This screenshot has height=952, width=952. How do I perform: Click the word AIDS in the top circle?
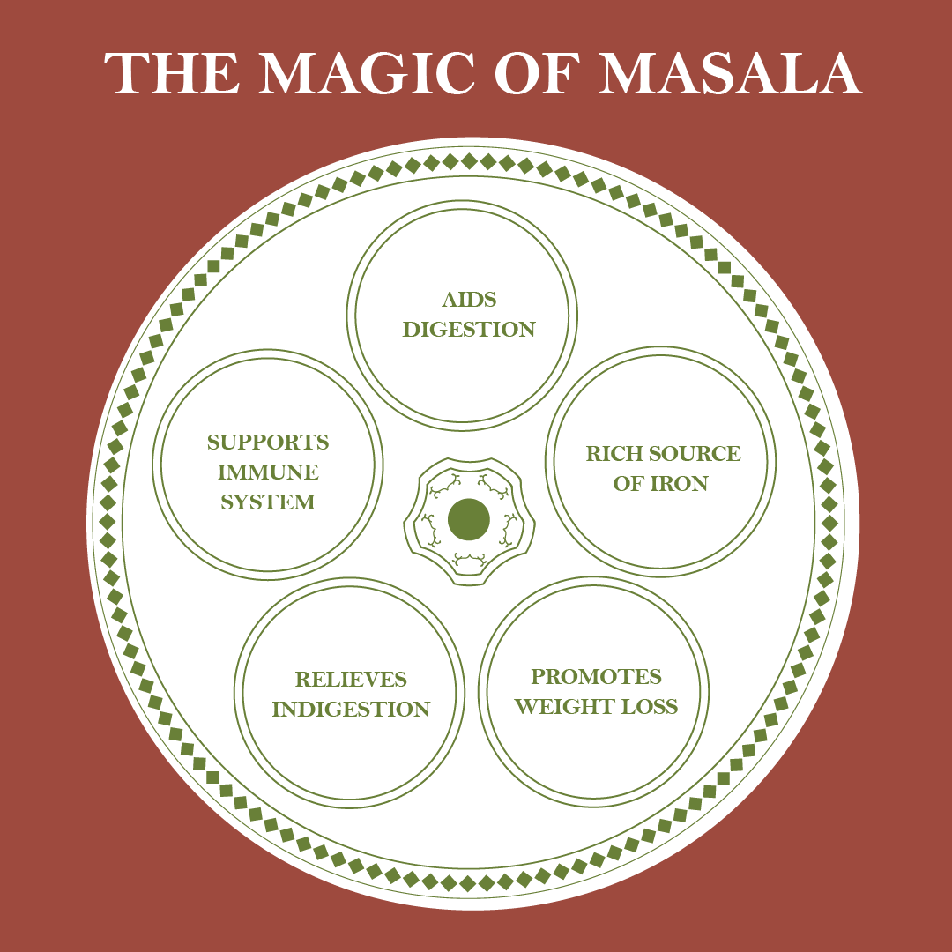470,300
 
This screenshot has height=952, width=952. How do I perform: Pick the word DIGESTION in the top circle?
469,330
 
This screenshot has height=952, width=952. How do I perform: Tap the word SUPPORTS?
268,442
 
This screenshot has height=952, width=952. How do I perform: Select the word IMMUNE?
268,472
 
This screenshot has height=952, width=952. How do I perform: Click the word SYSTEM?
268,502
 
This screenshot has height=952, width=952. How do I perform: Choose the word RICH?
614,454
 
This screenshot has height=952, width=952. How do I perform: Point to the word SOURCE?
695,454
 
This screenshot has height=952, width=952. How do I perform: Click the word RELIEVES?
351,680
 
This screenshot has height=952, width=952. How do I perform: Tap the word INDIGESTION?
351,710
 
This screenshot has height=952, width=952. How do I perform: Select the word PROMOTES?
596,677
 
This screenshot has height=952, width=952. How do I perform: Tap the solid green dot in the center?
469,520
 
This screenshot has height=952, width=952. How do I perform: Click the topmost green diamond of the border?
469,161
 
